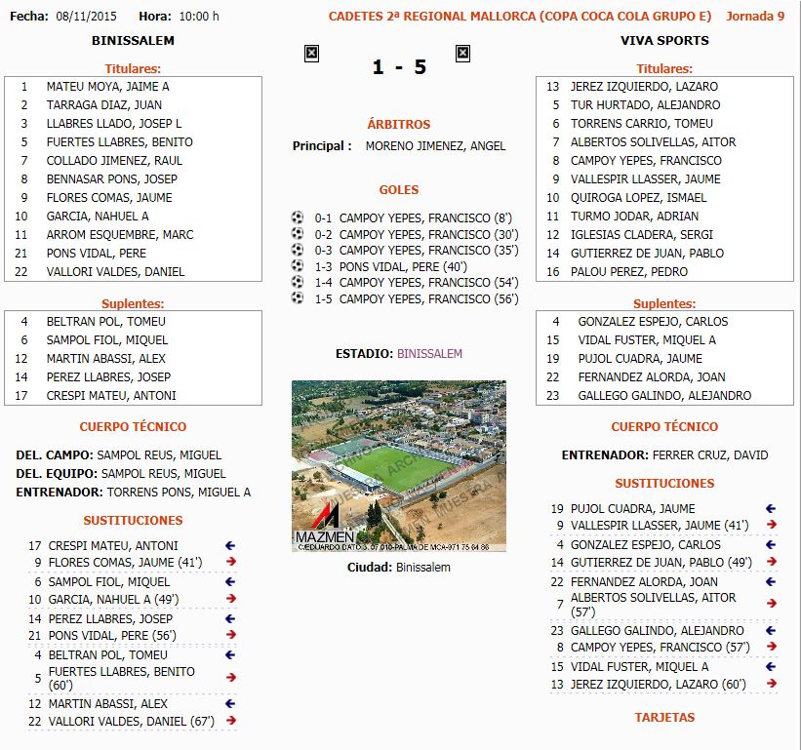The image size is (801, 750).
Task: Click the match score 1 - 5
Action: click(x=399, y=67)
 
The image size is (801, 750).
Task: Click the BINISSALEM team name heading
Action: click(x=133, y=41)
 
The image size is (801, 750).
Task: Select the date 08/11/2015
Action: click(x=86, y=17)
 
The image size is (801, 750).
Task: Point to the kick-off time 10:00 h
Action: click(x=200, y=17)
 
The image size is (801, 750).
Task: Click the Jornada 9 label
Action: click(x=755, y=17)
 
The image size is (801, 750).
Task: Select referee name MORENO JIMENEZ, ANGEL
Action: click(x=435, y=146)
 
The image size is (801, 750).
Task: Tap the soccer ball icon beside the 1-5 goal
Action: click(x=298, y=298)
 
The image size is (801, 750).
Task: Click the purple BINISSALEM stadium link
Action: click(x=429, y=354)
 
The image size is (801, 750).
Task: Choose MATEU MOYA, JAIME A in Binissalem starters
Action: click(x=107, y=87)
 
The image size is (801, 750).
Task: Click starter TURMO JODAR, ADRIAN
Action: click(x=634, y=217)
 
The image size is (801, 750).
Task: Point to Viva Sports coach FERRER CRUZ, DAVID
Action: click(x=710, y=455)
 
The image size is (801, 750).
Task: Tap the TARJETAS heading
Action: click(x=664, y=718)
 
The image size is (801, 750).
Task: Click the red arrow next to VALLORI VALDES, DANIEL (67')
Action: click(x=231, y=721)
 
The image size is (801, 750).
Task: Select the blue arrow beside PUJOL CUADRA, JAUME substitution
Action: click(x=771, y=508)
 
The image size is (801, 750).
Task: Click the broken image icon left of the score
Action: click(x=311, y=54)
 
